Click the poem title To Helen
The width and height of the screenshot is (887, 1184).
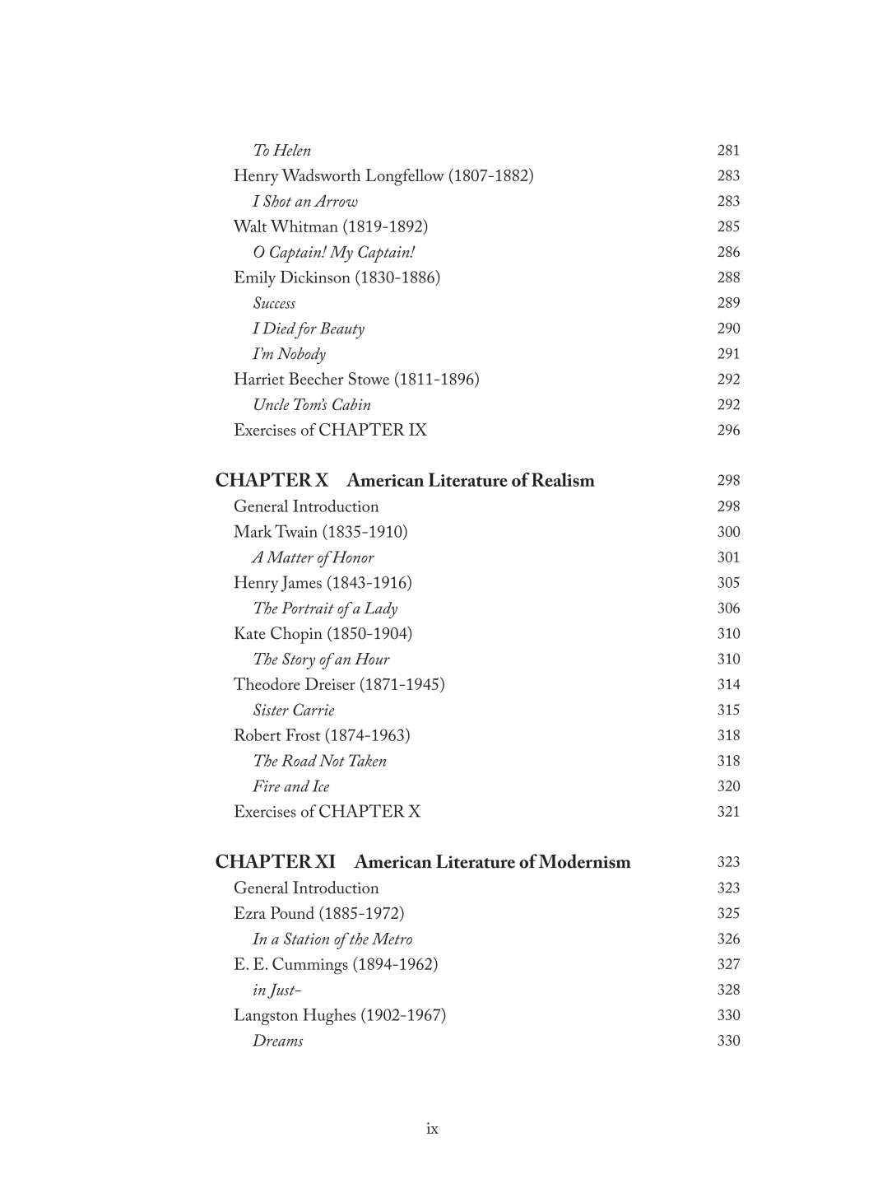281,151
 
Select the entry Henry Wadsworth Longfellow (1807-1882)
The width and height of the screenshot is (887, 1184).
383,176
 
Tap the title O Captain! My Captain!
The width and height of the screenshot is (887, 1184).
333,253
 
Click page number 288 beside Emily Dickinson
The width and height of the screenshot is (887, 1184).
728,278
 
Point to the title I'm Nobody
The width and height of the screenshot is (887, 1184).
289,354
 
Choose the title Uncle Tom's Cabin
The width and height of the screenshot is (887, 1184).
311,405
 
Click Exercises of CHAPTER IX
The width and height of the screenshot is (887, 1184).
330,431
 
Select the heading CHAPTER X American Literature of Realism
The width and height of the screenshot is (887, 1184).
404,481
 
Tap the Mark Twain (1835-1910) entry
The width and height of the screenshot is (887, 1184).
320,532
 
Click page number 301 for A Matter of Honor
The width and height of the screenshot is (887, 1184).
728,557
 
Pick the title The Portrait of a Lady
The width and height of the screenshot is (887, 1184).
325,608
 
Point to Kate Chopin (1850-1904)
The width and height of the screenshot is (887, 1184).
323,634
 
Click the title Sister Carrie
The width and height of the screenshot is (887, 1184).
293,711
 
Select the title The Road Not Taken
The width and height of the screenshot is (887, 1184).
319,762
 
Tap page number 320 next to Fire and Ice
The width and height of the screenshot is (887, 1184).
728,787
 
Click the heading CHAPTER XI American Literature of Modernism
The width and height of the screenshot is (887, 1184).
422,863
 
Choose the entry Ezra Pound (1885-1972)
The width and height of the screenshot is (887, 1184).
318,914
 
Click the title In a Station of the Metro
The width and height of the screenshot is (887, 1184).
332,939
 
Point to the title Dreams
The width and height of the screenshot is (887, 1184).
277,1042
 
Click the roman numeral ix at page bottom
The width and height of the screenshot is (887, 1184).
432,1129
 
